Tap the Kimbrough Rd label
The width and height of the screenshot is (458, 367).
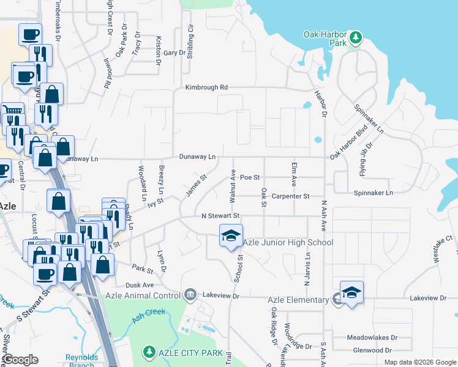[207, 87]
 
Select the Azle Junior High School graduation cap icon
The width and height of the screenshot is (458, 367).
[231, 236]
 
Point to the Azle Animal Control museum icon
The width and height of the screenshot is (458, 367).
[190, 295]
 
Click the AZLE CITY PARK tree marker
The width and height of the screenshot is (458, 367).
[149, 352]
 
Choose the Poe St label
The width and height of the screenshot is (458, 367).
[250, 177]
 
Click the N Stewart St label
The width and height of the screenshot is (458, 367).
[220, 216]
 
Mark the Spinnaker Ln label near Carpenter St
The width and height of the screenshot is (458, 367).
[372, 193]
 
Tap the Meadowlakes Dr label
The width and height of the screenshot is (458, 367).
[372, 337]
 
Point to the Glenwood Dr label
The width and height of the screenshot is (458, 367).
[372, 350]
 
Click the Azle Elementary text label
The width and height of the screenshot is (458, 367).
[298, 300]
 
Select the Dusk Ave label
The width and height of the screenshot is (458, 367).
[139, 285]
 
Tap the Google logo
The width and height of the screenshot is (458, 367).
[21, 360]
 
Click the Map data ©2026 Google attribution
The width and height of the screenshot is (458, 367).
[419, 362]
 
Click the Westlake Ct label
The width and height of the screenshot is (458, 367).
[442, 245]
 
